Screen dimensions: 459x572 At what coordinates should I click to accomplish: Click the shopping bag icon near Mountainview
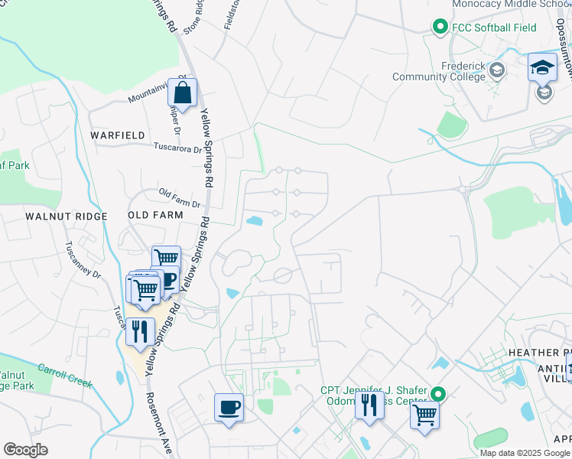(183, 94)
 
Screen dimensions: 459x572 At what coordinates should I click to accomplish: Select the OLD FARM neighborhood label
(155, 215)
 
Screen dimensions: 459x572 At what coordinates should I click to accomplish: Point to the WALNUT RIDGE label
(55, 216)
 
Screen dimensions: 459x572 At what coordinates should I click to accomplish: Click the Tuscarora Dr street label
(177, 148)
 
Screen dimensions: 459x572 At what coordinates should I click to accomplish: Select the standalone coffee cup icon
(229, 406)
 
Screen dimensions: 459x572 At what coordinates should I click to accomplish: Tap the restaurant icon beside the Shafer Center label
(369, 405)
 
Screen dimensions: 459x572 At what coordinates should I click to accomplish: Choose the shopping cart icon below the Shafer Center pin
(425, 415)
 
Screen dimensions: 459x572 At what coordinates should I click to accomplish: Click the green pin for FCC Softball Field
(440, 28)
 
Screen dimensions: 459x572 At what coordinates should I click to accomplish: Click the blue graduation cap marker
(542, 67)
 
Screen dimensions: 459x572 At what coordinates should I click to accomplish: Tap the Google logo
(25, 450)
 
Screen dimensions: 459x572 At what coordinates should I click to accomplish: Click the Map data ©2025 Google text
(525, 452)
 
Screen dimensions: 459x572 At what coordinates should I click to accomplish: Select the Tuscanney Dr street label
(83, 262)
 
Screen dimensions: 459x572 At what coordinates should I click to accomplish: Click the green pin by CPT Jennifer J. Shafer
(437, 395)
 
